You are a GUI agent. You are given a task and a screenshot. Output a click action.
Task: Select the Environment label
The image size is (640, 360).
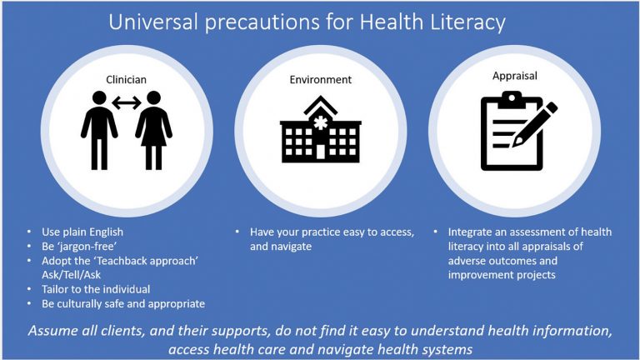click(x=320, y=80)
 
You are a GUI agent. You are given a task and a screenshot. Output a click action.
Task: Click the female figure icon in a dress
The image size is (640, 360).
click(x=153, y=134)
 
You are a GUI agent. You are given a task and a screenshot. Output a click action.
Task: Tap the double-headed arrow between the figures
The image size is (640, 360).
click(x=127, y=105)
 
